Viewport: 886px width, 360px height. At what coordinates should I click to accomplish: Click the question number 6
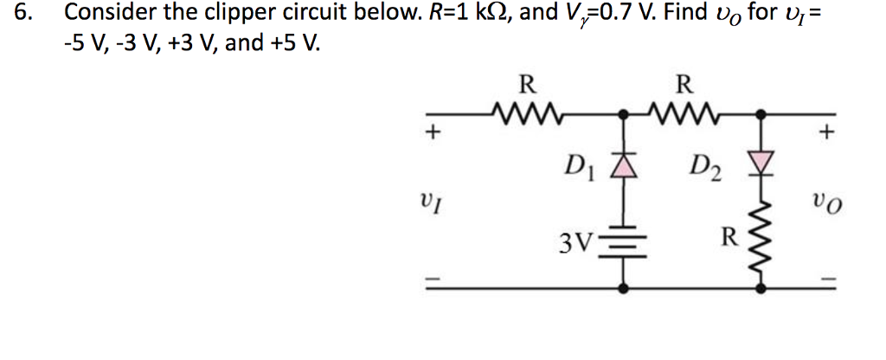(x=16, y=14)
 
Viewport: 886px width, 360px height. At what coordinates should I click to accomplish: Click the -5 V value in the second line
(x=83, y=42)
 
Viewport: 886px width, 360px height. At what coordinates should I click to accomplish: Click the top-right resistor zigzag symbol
(x=684, y=114)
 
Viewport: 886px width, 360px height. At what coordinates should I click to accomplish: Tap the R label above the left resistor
(x=524, y=86)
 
